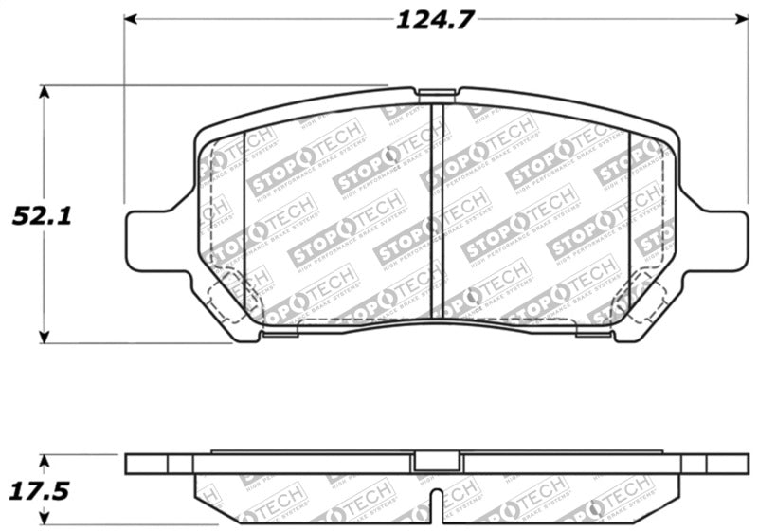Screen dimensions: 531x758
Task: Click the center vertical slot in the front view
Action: [x=437, y=209]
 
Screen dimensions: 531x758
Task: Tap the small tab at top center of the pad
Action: [x=436, y=94]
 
